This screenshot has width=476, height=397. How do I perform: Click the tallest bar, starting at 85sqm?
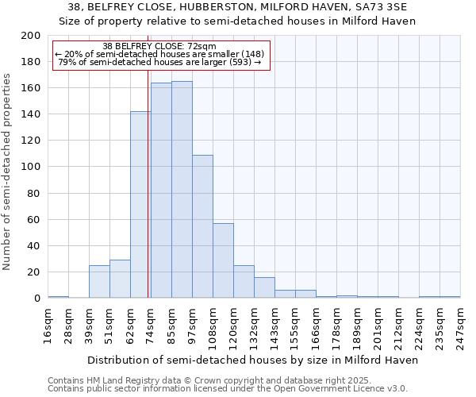(x=182, y=190)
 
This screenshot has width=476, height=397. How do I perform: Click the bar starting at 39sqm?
(x=99, y=282)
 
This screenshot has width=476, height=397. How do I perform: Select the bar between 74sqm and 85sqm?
(x=161, y=191)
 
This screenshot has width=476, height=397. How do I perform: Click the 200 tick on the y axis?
(x=31, y=36)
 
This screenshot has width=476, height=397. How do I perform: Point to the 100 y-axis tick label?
(x=31, y=167)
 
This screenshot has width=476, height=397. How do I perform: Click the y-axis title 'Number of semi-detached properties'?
(x=8, y=171)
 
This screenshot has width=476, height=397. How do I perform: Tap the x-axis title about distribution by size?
(x=252, y=360)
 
